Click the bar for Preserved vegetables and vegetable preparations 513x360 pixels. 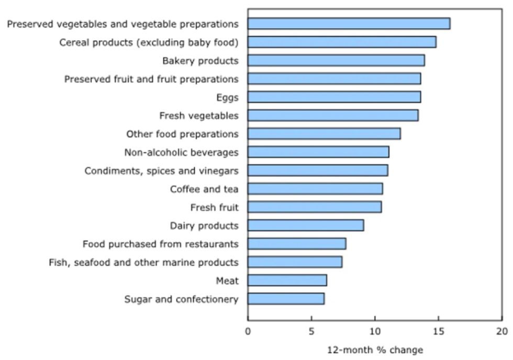pos(349,24)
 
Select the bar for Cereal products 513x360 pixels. pos(342,42)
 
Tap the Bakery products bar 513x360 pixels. pos(336,60)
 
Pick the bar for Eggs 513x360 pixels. pos(334,97)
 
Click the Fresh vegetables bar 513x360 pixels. pos(333,115)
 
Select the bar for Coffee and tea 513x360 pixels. pos(315,188)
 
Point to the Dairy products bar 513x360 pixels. pos(306,226)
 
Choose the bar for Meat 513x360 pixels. pos(287,280)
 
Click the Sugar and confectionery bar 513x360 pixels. pos(286,299)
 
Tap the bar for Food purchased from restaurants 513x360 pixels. pos(297,244)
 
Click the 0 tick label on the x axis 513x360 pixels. pos(248,331)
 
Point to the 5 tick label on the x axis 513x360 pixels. pos(311,331)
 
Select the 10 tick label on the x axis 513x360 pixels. pos(375,331)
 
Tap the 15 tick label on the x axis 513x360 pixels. pos(438,331)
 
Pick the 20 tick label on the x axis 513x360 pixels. pos(501,331)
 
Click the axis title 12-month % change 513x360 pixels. pos(375,350)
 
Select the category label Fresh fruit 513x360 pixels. pos(214,207)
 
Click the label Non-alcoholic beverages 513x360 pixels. pos(181,152)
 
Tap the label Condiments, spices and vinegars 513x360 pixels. pos(161,171)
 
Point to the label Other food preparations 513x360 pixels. pos(182,134)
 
